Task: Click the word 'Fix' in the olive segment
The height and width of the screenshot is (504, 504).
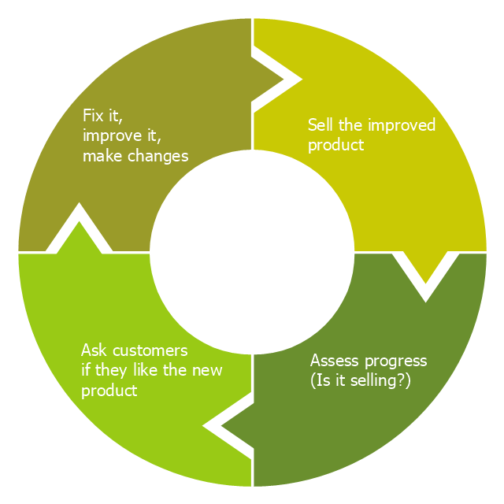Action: click(x=93, y=116)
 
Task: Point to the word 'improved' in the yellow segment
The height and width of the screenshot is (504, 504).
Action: click(x=403, y=125)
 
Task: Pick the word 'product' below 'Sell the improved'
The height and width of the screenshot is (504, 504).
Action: click(x=335, y=145)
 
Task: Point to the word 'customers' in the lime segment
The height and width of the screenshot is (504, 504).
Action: click(x=150, y=350)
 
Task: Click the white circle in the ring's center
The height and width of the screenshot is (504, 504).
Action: click(x=252, y=252)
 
